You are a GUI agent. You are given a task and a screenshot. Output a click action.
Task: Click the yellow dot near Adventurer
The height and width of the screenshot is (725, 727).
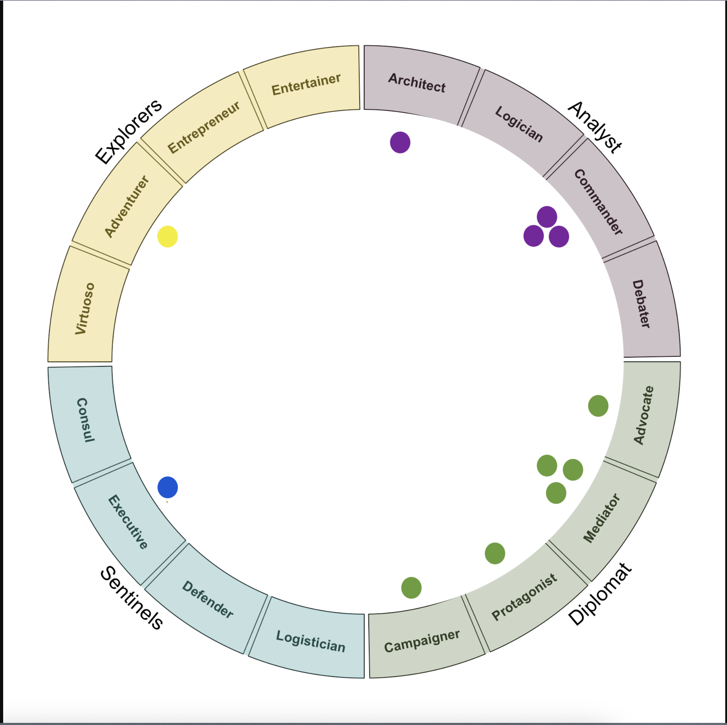pos(168,236)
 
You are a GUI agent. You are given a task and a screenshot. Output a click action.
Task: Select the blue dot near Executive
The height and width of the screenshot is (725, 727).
pos(168,487)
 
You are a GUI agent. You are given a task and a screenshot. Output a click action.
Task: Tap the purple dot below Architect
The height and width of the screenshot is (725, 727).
pos(400,142)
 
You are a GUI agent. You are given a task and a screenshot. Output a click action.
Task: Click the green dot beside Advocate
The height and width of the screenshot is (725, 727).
pos(598,406)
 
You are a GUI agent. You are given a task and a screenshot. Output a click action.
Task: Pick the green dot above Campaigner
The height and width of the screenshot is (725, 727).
pos(411,587)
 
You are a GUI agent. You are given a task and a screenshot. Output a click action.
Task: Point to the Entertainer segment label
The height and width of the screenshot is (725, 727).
pos(306,84)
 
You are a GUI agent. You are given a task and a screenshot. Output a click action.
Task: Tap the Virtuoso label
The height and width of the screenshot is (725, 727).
pos(85,308)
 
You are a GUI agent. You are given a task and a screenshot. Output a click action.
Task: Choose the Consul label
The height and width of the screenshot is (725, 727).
pos(85,420)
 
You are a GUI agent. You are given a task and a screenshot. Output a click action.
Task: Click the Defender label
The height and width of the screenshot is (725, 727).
pos(208,599)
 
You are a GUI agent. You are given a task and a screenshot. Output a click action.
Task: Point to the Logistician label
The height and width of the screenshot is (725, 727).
pos(310,641)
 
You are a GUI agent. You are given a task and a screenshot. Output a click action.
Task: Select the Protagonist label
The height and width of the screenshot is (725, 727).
pos(524,597)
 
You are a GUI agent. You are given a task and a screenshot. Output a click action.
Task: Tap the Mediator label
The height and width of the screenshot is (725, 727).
pos(601,518)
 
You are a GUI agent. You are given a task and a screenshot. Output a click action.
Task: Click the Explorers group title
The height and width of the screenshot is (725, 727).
pos(128,131)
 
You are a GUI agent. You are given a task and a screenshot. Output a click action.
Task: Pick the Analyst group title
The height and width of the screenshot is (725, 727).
pos(595,127)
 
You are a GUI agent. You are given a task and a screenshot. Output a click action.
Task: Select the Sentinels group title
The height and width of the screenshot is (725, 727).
pos(132,597)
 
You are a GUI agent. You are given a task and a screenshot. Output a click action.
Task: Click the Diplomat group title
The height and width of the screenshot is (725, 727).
pos(600,594)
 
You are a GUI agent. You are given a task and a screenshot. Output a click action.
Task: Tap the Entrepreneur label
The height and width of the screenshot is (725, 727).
pos(204,127)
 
